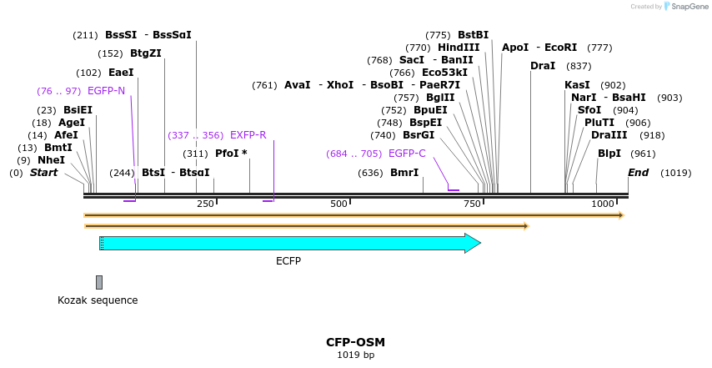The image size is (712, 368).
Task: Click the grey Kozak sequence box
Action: point(99,282)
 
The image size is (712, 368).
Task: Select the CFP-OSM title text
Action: point(355,342)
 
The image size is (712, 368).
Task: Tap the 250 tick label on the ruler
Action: point(205,204)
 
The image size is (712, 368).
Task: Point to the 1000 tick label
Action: point(603,204)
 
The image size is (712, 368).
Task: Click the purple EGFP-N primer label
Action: point(106,90)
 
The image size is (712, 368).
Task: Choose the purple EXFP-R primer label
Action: point(248,134)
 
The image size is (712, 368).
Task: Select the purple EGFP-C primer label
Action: point(407,154)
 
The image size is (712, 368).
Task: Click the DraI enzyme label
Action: point(542,66)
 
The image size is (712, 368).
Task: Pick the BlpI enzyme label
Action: point(609,154)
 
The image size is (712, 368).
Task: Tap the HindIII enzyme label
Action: point(459,48)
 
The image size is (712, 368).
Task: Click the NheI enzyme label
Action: point(51,160)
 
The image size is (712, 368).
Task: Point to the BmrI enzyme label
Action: point(404,173)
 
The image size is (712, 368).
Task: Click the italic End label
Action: point(638,173)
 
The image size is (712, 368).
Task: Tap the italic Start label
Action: point(44,173)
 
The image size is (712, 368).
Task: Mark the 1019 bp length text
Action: point(355,355)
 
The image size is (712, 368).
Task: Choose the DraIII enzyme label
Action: point(604,135)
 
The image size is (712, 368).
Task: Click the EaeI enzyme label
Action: point(121,73)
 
